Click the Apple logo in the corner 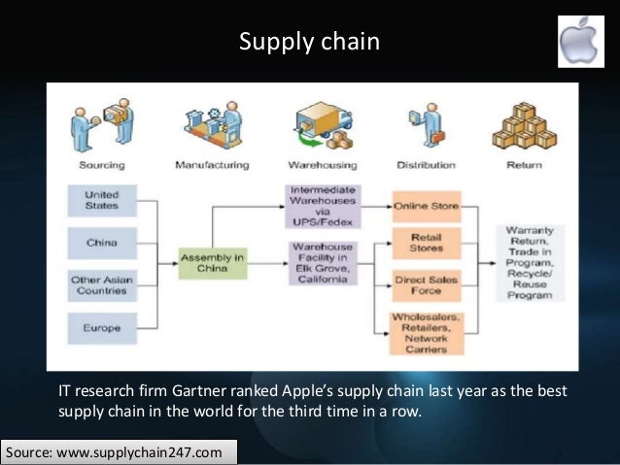pyautogui.click(x=586, y=42)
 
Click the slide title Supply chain pyautogui.click(x=309, y=43)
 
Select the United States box pyautogui.click(x=102, y=200)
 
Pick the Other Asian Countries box pyautogui.click(x=102, y=285)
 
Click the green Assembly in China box pyautogui.click(x=211, y=262)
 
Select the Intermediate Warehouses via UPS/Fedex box pyautogui.click(x=323, y=206)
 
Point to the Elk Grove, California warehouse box pyautogui.click(x=323, y=262)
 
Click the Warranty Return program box pyautogui.click(x=530, y=262)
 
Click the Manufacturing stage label pyautogui.click(x=212, y=165)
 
